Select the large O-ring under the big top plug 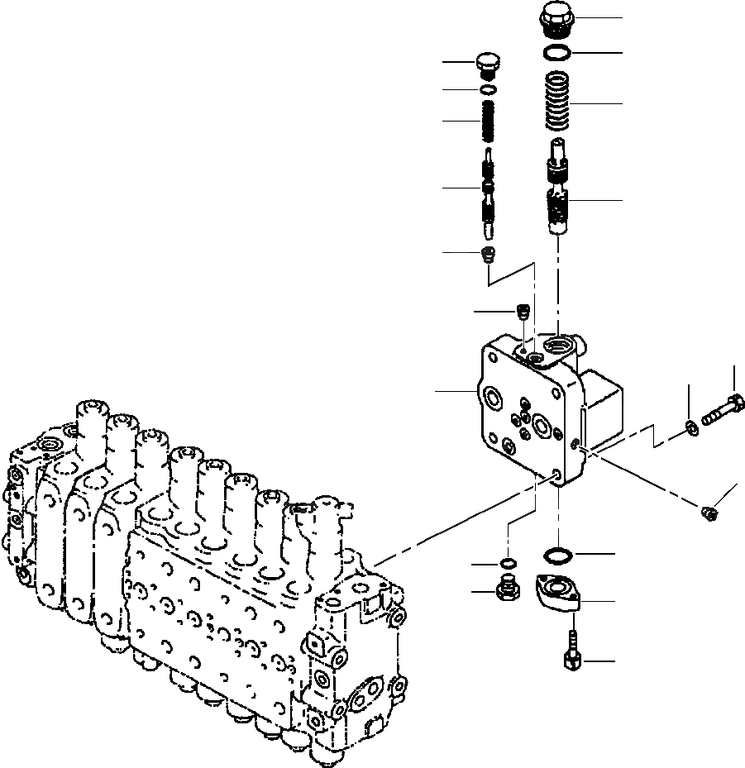coord(560,53)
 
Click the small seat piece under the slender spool coord(489,252)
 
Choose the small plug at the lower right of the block coord(708,515)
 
